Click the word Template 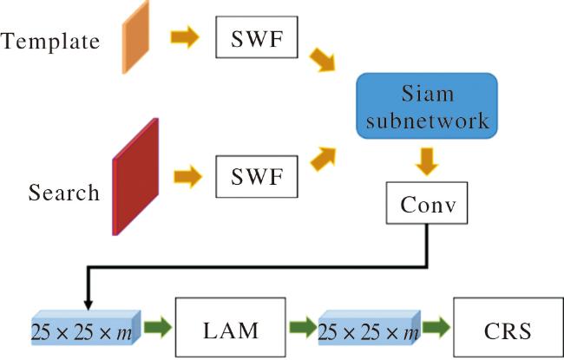50,42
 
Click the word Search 64,193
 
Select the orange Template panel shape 135,37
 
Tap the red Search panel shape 135,177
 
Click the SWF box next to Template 257,37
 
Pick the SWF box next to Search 257,177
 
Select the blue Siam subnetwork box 427,106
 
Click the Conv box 427,203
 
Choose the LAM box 231,327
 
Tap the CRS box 508,327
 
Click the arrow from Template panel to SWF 185,36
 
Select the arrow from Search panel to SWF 188,177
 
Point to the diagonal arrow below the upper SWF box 323,60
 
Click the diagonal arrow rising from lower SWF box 324,159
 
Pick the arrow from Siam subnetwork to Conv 427,161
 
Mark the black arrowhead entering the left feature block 89,305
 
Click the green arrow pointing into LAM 158,327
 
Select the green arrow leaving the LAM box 303,327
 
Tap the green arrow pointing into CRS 436,327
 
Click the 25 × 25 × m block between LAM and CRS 370,328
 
